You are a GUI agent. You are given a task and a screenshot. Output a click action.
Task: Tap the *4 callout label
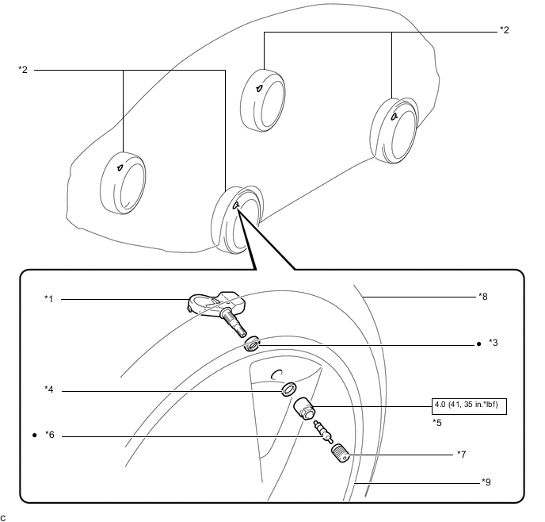click(x=49, y=390)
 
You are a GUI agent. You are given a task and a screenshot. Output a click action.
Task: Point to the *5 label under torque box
click(x=437, y=423)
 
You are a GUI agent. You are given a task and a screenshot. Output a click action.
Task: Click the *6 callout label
click(x=49, y=436)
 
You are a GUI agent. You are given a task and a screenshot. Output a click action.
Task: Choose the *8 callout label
click(x=482, y=296)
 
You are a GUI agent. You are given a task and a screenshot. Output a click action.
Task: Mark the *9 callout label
click(x=486, y=482)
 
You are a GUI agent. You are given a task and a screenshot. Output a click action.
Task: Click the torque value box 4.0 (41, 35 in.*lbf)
click(x=469, y=407)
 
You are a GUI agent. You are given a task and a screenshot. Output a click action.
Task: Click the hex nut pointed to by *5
click(x=305, y=410)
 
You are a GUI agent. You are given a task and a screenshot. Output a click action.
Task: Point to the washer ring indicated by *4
click(x=288, y=390)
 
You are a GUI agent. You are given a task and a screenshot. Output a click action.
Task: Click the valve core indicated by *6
click(x=321, y=432)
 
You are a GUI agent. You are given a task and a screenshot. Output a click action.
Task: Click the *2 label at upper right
click(x=504, y=30)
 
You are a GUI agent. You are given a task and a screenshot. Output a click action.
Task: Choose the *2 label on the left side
click(x=23, y=70)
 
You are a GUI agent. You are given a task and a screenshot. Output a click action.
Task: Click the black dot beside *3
click(x=479, y=345)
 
